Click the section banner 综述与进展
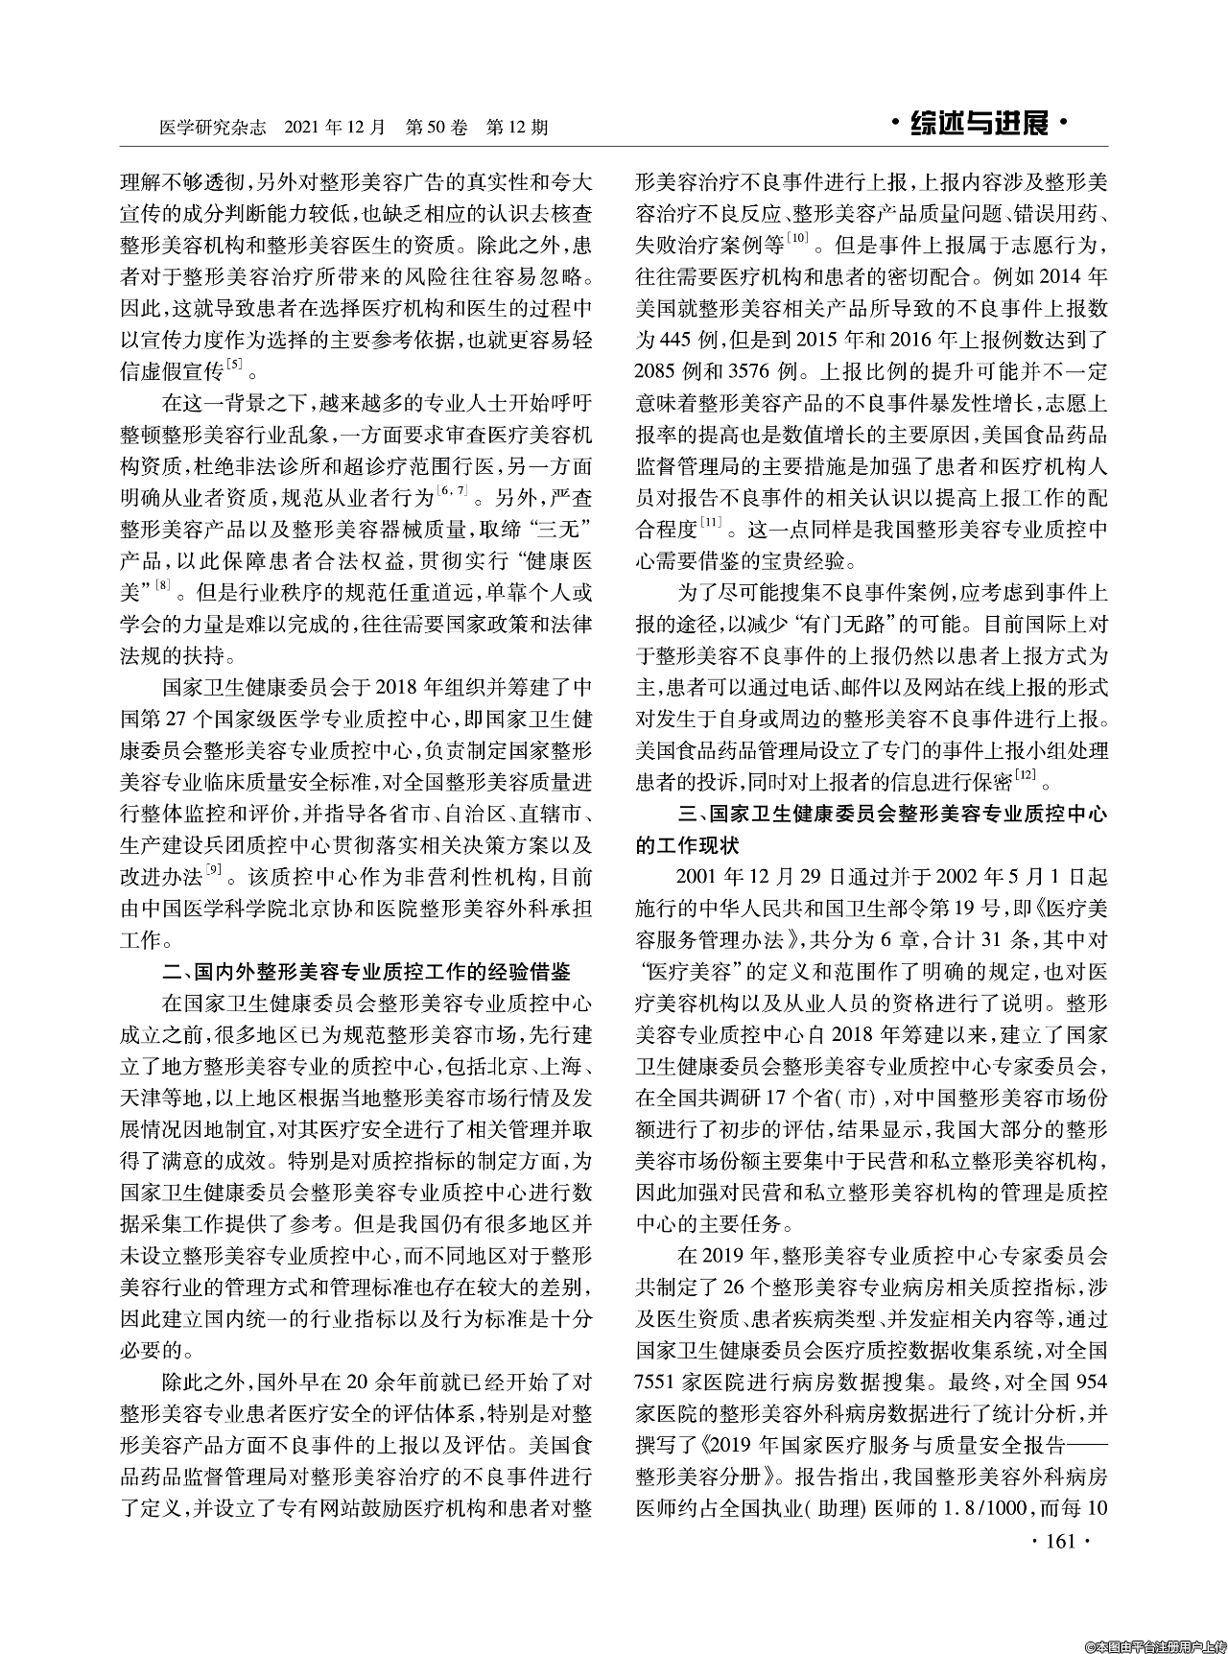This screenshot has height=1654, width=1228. click(978, 125)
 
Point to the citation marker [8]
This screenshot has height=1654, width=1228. click(164, 583)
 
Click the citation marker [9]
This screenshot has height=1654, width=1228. click(217, 869)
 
